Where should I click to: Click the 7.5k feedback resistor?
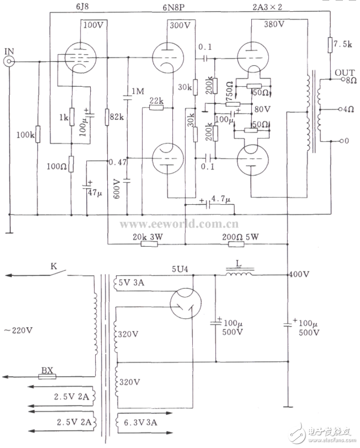(330, 45)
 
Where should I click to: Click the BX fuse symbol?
(47, 377)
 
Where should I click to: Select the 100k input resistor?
(38, 135)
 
